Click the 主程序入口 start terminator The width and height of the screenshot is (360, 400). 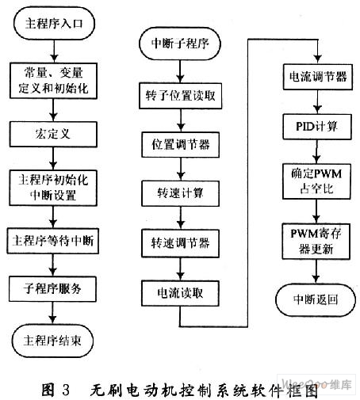(54, 24)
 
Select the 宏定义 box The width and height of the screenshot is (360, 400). (53, 134)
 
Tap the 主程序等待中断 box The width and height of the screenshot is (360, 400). (53, 241)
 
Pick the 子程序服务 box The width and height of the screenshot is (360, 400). (52, 289)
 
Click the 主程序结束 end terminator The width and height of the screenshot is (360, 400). (52, 341)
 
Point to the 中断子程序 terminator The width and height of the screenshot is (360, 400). (180, 44)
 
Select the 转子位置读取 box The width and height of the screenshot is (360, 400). (181, 96)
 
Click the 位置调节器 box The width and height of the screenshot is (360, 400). (181, 145)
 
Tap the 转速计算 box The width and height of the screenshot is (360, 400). (181, 193)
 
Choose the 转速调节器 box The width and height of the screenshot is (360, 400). (181, 243)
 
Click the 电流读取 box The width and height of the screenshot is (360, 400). (180, 293)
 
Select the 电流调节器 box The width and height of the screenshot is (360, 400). (318, 77)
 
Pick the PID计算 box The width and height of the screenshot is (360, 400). (317, 127)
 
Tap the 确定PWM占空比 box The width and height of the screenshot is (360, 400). (316, 181)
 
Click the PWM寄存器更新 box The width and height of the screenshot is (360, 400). (316, 242)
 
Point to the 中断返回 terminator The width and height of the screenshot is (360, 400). (316, 300)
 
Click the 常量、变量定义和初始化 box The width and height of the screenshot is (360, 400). (54, 81)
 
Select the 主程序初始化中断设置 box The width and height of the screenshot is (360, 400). (53, 188)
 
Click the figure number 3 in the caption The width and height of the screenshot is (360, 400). (66, 390)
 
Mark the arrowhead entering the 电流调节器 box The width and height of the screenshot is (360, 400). (318, 59)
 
